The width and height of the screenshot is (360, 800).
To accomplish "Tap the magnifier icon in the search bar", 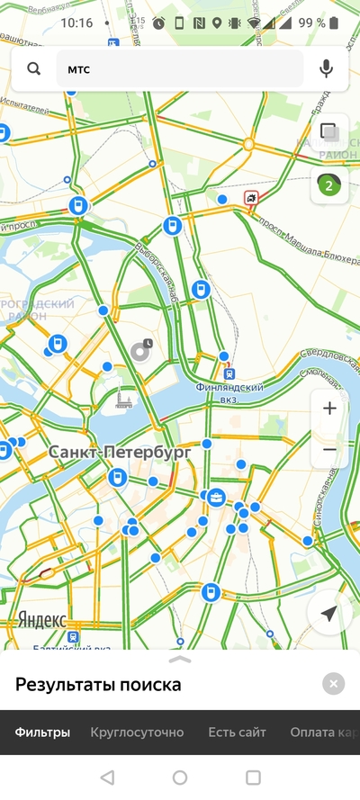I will [34, 68].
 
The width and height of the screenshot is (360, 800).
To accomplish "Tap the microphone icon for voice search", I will [326, 68].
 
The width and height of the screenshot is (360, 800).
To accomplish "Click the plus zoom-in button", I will [329, 409].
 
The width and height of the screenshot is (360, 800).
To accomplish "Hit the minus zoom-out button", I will [329, 449].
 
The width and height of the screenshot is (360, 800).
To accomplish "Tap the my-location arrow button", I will [328, 614].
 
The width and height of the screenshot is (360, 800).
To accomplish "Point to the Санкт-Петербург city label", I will [120, 453].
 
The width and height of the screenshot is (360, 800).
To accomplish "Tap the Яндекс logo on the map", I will [41, 620].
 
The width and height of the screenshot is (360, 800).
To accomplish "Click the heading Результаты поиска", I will [98, 685].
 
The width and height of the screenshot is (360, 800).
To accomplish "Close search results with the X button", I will [333, 684].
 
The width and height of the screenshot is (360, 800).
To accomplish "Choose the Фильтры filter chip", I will [42, 733].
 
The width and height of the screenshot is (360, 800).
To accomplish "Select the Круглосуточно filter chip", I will [137, 733].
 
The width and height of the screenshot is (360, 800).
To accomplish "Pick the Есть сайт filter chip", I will [238, 733].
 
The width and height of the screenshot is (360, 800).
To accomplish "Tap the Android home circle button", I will [180, 777].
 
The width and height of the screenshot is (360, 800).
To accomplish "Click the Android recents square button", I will [253, 777].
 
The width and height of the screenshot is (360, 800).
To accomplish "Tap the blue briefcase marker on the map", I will [216, 497].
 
